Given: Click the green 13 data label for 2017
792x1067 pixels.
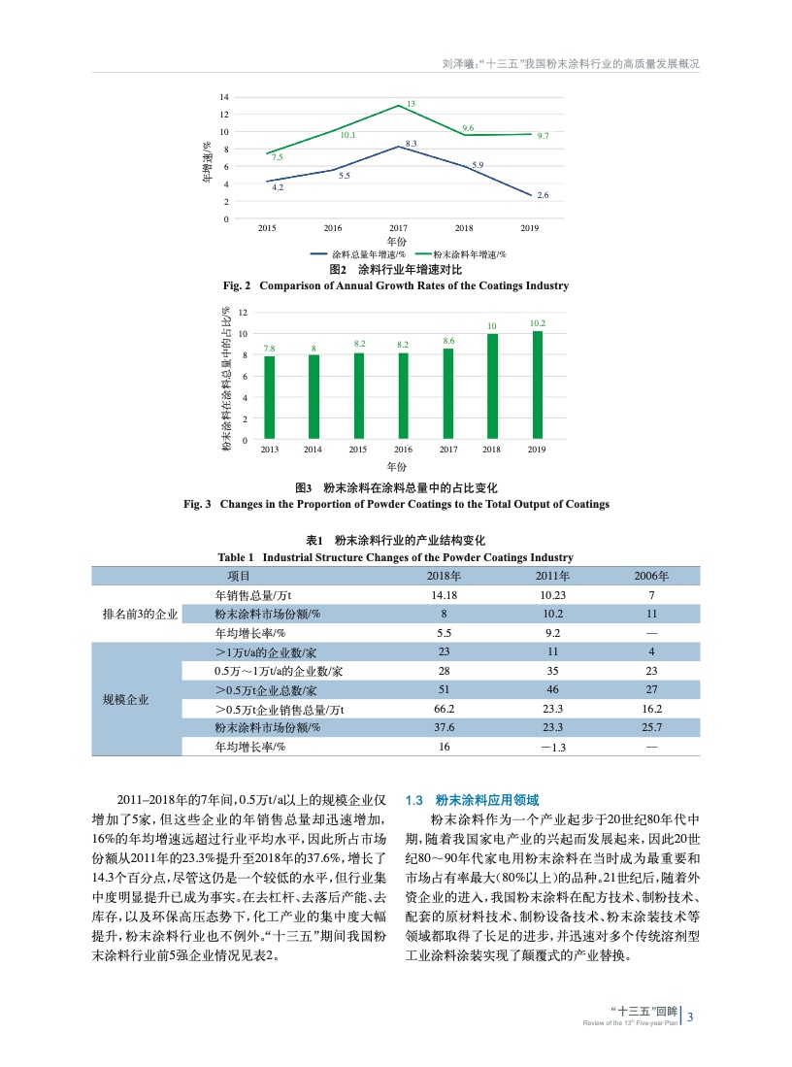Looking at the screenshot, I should (412, 103).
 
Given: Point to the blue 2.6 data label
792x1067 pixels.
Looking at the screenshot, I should (543, 195).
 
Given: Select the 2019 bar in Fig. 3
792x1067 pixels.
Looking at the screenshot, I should (537, 385).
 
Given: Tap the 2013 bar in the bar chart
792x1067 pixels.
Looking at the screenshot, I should (269, 398).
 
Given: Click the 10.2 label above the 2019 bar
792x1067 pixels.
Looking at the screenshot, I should (537, 322).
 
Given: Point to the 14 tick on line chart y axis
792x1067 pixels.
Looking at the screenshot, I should (224, 97).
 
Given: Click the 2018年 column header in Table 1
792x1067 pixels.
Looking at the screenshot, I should (443, 576).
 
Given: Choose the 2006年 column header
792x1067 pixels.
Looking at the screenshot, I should (651, 576).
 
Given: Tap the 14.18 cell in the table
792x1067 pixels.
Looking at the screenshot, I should (443, 594).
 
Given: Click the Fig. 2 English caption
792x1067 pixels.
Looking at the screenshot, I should (395, 285).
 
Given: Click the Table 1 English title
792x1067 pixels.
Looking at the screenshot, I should (395, 557).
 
